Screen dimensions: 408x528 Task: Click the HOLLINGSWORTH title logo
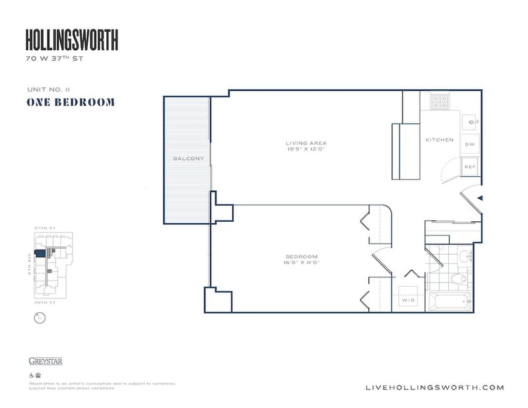(x=71, y=42)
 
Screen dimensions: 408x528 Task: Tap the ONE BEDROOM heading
(x=71, y=102)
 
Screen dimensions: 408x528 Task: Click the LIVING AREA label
(x=306, y=143)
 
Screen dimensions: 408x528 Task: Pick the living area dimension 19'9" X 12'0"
(x=306, y=150)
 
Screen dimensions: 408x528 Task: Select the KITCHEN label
(x=439, y=140)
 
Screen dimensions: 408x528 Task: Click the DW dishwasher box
(x=470, y=144)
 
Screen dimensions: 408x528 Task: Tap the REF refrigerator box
(x=470, y=167)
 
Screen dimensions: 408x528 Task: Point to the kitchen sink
(x=471, y=121)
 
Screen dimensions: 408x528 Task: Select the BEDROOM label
(x=302, y=257)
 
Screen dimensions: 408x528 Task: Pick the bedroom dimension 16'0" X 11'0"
(x=302, y=263)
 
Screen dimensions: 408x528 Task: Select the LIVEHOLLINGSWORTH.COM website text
(x=434, y=388)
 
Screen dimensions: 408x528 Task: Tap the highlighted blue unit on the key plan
(x=40, y=253)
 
